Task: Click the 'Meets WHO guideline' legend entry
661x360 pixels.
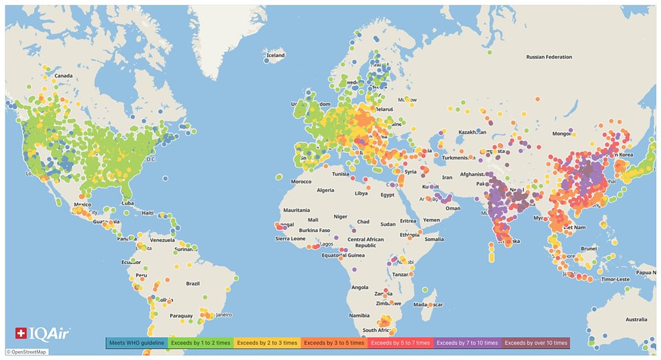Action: [x=136, y=342]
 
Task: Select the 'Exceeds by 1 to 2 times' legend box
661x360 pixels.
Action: [x=200, y=342]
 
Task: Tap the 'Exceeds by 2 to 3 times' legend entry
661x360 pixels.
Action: [x=267, y=342]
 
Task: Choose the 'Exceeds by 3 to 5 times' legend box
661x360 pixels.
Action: [x=334, y=342]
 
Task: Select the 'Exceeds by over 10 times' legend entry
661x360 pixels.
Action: [x=536, y=342]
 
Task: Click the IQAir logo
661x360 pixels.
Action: [x=34, y=334]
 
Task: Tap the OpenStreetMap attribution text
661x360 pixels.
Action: [x=26, y=352]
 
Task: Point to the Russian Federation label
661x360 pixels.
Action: [x=549, y=57]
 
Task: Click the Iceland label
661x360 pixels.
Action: [x=275, y=55]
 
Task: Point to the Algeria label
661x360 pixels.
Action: [x=324, y=190]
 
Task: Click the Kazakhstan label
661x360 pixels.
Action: [x=472, y=131]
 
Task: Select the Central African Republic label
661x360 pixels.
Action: [x=366, y=242]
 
